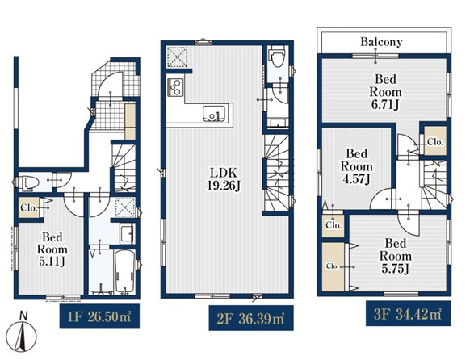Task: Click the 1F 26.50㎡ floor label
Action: point(99,316)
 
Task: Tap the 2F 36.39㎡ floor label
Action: point(251,318)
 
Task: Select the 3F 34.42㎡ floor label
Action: point(408,314)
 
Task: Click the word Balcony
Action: point(381,42)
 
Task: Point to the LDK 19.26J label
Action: point(224,179)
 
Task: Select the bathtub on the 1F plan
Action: point(124,272)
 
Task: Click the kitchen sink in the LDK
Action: point(214,113)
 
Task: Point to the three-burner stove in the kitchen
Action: point(175,87)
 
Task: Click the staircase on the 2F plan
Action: point(276,173)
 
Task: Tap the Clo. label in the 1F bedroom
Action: point(29,208)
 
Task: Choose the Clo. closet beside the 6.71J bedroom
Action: point(435,141)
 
